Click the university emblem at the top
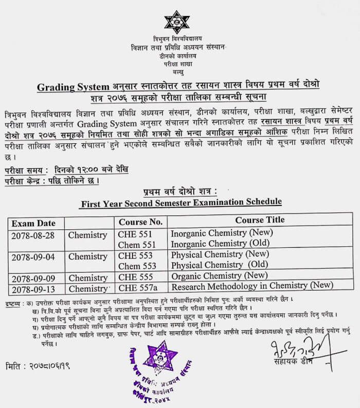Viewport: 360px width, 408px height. [x=176, y=22]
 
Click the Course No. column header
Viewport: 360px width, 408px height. [x=140, y=222]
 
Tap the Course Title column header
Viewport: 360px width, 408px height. [x=260, y=220]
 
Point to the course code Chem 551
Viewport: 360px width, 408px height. [x=136, y=245]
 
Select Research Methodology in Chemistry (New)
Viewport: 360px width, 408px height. [x=252, y=285]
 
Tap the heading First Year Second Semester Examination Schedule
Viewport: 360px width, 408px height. [x=181, y=202]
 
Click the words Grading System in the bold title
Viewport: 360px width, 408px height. [x=73, y=87]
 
